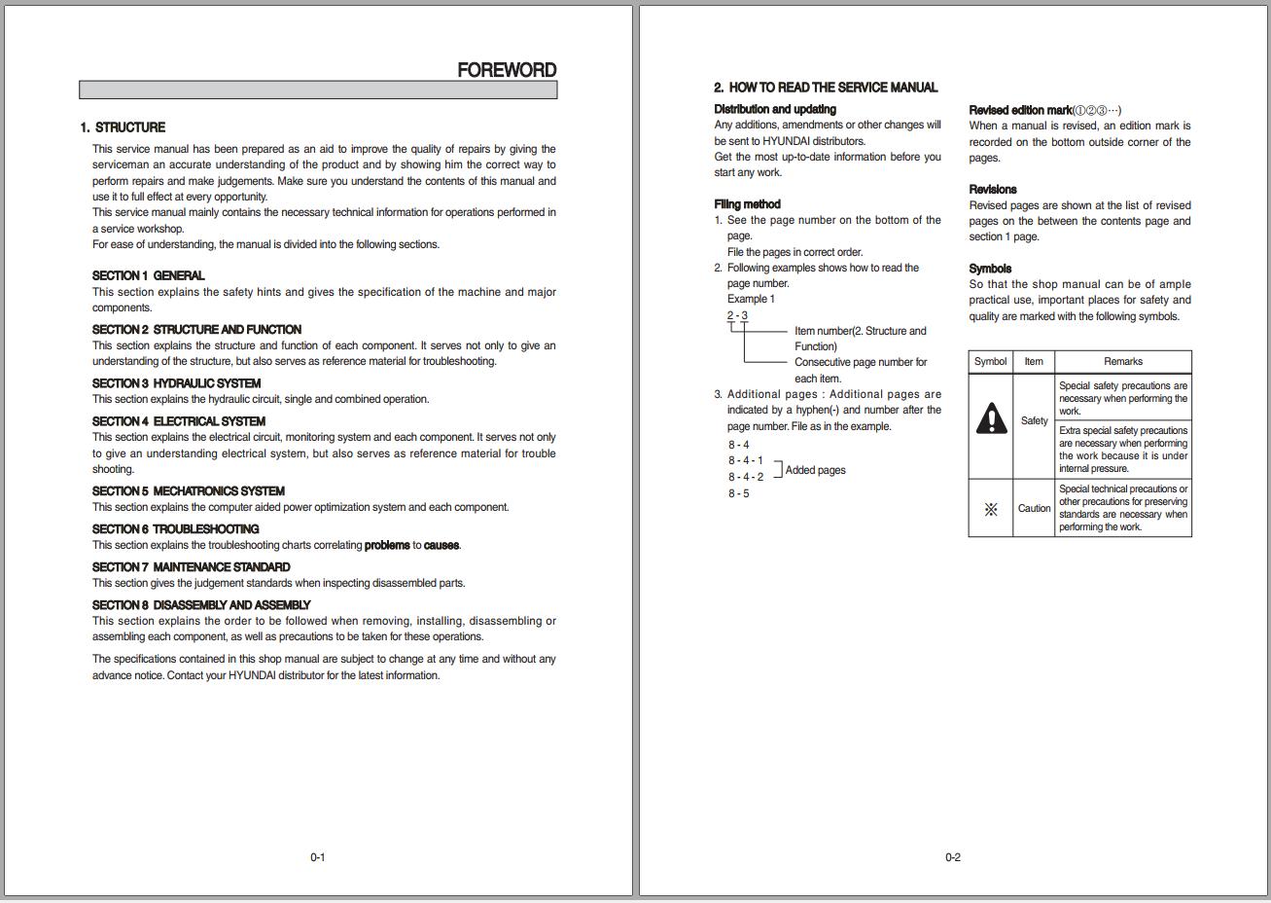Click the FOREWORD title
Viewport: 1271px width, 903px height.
[x=507, y=70]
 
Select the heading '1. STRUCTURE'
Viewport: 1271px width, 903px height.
[x=123, y=127]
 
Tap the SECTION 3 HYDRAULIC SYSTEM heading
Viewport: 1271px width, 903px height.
[x=176, y=383]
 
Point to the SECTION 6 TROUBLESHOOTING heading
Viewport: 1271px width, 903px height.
[x=175, y=529]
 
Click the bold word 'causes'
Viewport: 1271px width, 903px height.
[x=441, y=545]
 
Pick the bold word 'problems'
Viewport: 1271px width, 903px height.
[x=386, y=545]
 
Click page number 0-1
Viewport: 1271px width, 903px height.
[x=317, y=857]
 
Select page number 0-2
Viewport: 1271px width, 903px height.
[x=952, y=857]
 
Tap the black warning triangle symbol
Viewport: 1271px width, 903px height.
[x=991, y=419]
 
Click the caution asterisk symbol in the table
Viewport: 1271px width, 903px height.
[x=991, y=509]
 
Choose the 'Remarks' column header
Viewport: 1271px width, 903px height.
[x=1123, y=361]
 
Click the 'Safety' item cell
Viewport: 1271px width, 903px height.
[x=1034, y=421]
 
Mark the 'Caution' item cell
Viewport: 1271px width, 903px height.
[x=1034, y=508]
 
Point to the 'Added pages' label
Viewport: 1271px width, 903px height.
[x=815, y=470]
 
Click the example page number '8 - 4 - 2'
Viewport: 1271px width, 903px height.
[x=746, y=477]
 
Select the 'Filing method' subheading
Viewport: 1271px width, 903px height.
[x=747, y=204]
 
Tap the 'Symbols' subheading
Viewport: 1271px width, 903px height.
[x=990, y=269]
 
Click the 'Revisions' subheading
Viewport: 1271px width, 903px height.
[x=993, y=190]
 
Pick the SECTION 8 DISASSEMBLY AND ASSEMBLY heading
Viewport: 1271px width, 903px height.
[x=201, y=605]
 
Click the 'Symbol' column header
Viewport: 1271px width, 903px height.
[x=990, y=361]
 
